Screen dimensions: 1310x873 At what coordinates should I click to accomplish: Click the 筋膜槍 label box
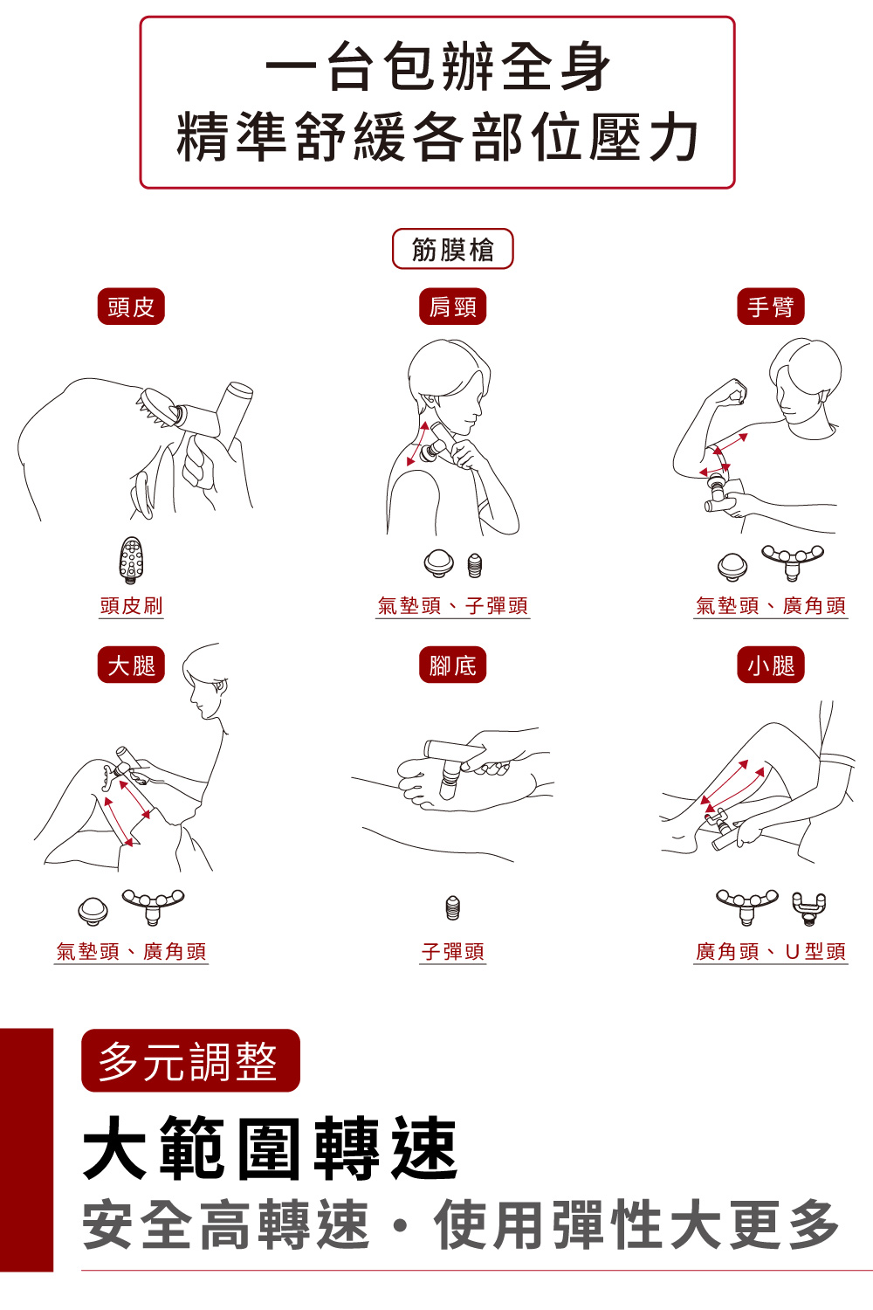tap(452, 250)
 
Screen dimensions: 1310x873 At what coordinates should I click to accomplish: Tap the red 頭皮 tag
tap(131, 307)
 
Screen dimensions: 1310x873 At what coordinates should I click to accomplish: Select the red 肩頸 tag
tap(452, 307)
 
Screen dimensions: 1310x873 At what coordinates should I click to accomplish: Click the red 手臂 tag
tap(770, 307)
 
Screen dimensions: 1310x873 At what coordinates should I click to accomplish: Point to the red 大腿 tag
tap(131, 665)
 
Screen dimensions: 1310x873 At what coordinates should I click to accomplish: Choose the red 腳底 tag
tap(452, 665)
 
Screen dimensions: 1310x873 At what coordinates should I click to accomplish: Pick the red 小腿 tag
tap(770, 665)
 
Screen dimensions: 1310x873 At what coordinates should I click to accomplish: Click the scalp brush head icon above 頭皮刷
tap(131, 560)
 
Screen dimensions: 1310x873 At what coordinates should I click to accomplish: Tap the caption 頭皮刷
tap(131, 605)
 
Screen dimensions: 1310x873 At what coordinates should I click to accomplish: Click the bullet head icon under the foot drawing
tap(452, 907)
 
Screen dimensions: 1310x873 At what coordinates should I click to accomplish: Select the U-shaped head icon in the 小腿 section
tap(808, 908)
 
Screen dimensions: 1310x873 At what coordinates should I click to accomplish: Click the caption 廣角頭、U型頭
tap(770, 951)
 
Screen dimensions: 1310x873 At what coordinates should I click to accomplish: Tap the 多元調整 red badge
tap(190, 1061)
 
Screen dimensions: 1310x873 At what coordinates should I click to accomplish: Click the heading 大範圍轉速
tap(271, 1148)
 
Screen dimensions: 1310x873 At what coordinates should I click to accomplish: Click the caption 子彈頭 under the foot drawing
tap(452, 951)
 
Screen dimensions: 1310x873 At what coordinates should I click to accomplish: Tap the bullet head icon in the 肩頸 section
tap(474, 565)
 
